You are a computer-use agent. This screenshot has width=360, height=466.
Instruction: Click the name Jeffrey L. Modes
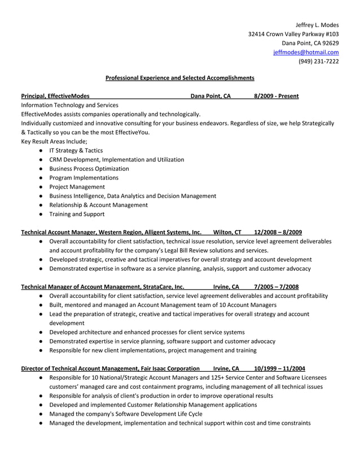[317, 25]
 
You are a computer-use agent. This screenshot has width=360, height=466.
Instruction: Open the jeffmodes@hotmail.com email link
[306, 52]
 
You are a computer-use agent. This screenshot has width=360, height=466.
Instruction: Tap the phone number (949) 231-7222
[318, 61]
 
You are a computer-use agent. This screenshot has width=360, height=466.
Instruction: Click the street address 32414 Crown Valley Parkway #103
[293, 34]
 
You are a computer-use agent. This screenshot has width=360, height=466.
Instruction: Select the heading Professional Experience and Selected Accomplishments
[180, 78]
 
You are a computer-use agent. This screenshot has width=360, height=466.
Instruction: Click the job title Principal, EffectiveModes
[55, 96]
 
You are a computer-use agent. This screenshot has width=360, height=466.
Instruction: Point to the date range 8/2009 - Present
[276, 96]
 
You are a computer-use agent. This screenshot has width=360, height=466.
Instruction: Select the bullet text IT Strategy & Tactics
[76, 151]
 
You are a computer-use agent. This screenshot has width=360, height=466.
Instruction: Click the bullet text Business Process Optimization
[89, 169]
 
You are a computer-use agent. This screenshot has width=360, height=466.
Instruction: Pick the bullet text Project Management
[77, 187]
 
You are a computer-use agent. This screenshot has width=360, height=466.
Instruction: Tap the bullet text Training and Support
[77, 214]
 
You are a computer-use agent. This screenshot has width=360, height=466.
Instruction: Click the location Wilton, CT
[227, 232]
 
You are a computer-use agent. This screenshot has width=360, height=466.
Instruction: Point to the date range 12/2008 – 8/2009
[278, 232]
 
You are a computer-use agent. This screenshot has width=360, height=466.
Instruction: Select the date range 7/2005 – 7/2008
[276, 286]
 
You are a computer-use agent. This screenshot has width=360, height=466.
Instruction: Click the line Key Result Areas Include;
[54, 141]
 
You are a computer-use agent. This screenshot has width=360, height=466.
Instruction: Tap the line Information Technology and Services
[69, 105]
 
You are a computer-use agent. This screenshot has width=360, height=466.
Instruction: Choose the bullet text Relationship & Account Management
[99, 205]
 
